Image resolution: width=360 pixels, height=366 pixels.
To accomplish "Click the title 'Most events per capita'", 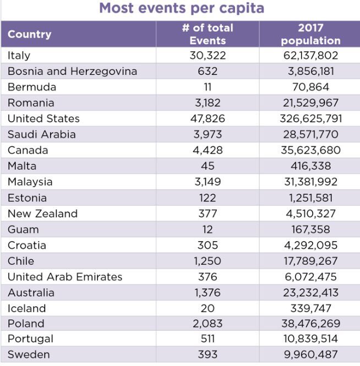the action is [x=182, y=8].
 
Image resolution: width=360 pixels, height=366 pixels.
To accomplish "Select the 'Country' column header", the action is [x=29, y=34].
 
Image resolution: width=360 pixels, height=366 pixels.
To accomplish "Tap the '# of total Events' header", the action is [x=208, y=34].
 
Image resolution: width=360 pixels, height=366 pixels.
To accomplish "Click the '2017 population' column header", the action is [x=311, y=34].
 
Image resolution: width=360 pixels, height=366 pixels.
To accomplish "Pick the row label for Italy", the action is [x=19, y=56].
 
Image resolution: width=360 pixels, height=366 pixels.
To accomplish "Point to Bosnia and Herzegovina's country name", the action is [x=72, y=71].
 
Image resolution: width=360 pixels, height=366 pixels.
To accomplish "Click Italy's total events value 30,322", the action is [x=208, y=56].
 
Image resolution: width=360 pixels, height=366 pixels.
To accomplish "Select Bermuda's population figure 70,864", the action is [x=311, y=87].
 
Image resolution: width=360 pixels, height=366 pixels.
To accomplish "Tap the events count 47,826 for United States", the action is [x=208, y=118].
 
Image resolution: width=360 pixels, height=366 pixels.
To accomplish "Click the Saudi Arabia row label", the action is [x=41, y=134].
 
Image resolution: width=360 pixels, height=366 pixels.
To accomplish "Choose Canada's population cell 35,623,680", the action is [x=311, y=150].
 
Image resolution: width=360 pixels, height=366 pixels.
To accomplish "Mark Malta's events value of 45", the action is [x=208, y=166].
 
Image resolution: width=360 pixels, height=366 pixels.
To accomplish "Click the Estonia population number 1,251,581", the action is [x=311, y=198].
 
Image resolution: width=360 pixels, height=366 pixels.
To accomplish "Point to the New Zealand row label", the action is [x=42, y=214].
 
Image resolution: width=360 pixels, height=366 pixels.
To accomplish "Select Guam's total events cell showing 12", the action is [x=208, y=230].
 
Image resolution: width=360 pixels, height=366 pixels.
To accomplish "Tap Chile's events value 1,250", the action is [x=208, y=261].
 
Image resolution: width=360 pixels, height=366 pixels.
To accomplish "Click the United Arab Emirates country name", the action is [x=65, y=277].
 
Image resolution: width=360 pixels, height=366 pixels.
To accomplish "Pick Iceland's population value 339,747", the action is [x=311, y=308].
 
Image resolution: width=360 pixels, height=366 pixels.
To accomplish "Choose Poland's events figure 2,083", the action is [x=208, y=324].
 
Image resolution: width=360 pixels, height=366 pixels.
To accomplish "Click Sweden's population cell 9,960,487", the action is [x=311, y=354].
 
